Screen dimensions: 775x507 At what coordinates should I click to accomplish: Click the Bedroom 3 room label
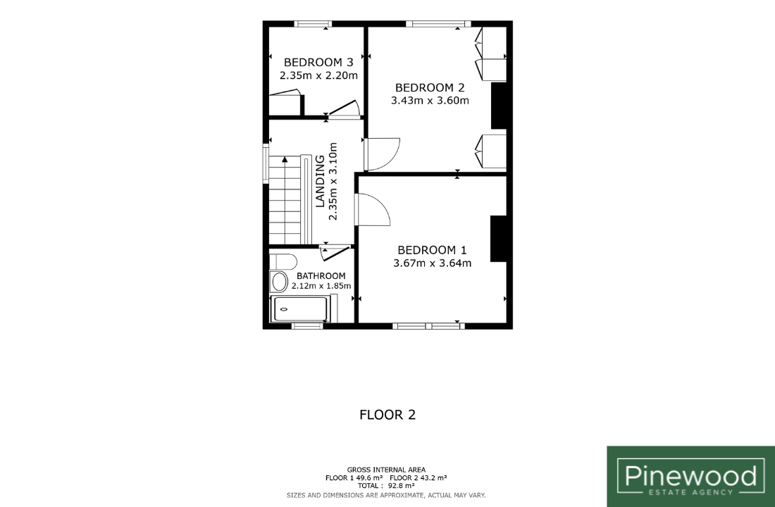click(318, 62)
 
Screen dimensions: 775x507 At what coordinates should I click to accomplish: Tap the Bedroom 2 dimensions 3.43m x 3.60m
click(430, 101)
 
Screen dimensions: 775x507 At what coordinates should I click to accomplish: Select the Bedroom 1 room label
click(432, 250)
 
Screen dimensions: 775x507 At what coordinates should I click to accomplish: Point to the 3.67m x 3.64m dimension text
click(433, 263)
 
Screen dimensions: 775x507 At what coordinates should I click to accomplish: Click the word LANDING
click(320, 181)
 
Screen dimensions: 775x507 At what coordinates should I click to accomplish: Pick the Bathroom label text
click(321, 276)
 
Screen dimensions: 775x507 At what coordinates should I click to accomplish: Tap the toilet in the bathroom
click(283, 261)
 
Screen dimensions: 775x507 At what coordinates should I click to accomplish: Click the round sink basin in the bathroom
click(279, 282)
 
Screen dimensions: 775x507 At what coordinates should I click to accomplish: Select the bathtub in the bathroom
click(300, 309)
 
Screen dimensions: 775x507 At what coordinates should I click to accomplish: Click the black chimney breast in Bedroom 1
click(498, 239)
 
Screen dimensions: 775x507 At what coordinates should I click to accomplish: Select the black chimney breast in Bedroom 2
click(499, 106)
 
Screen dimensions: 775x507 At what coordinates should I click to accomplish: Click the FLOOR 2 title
click(387, 415)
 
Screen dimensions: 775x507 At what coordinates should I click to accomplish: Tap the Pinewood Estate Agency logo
click(690, 476)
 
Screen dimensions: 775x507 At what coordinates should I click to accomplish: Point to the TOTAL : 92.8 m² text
click(386, 486)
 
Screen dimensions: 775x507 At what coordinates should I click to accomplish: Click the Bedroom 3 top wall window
click(313, 24)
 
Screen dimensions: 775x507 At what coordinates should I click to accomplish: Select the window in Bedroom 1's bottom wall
click(428, 325)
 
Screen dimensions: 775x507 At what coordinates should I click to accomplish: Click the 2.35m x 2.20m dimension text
click(318, 75)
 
